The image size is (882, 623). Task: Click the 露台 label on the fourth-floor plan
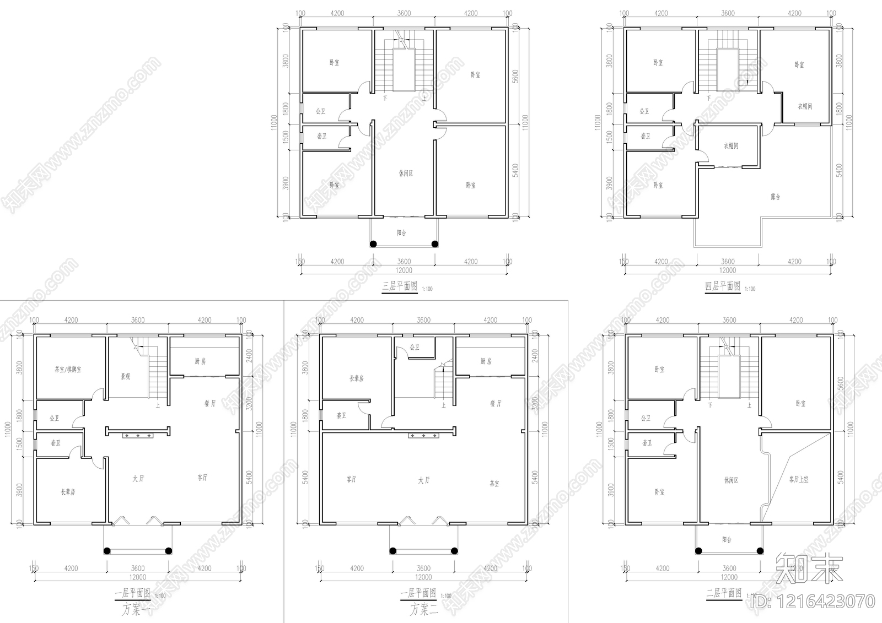775,197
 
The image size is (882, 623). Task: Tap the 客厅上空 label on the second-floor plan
798,480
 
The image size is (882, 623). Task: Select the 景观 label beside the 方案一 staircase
126,377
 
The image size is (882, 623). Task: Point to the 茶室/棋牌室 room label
68,370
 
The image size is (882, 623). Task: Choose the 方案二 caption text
423,609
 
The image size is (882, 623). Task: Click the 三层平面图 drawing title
400,286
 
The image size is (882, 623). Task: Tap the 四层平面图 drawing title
723,286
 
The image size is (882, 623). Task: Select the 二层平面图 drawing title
724,593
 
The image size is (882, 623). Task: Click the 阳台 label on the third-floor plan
402,233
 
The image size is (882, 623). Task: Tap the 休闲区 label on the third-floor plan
406,174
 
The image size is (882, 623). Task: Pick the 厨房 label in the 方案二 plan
486,361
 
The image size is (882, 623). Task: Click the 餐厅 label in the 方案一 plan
210,404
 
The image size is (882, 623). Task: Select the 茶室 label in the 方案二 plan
494,484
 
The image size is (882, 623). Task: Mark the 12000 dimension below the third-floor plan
404,270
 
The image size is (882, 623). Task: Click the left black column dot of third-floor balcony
373,244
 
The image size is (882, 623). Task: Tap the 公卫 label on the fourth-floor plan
644,111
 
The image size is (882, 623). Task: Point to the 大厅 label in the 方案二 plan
423,480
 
